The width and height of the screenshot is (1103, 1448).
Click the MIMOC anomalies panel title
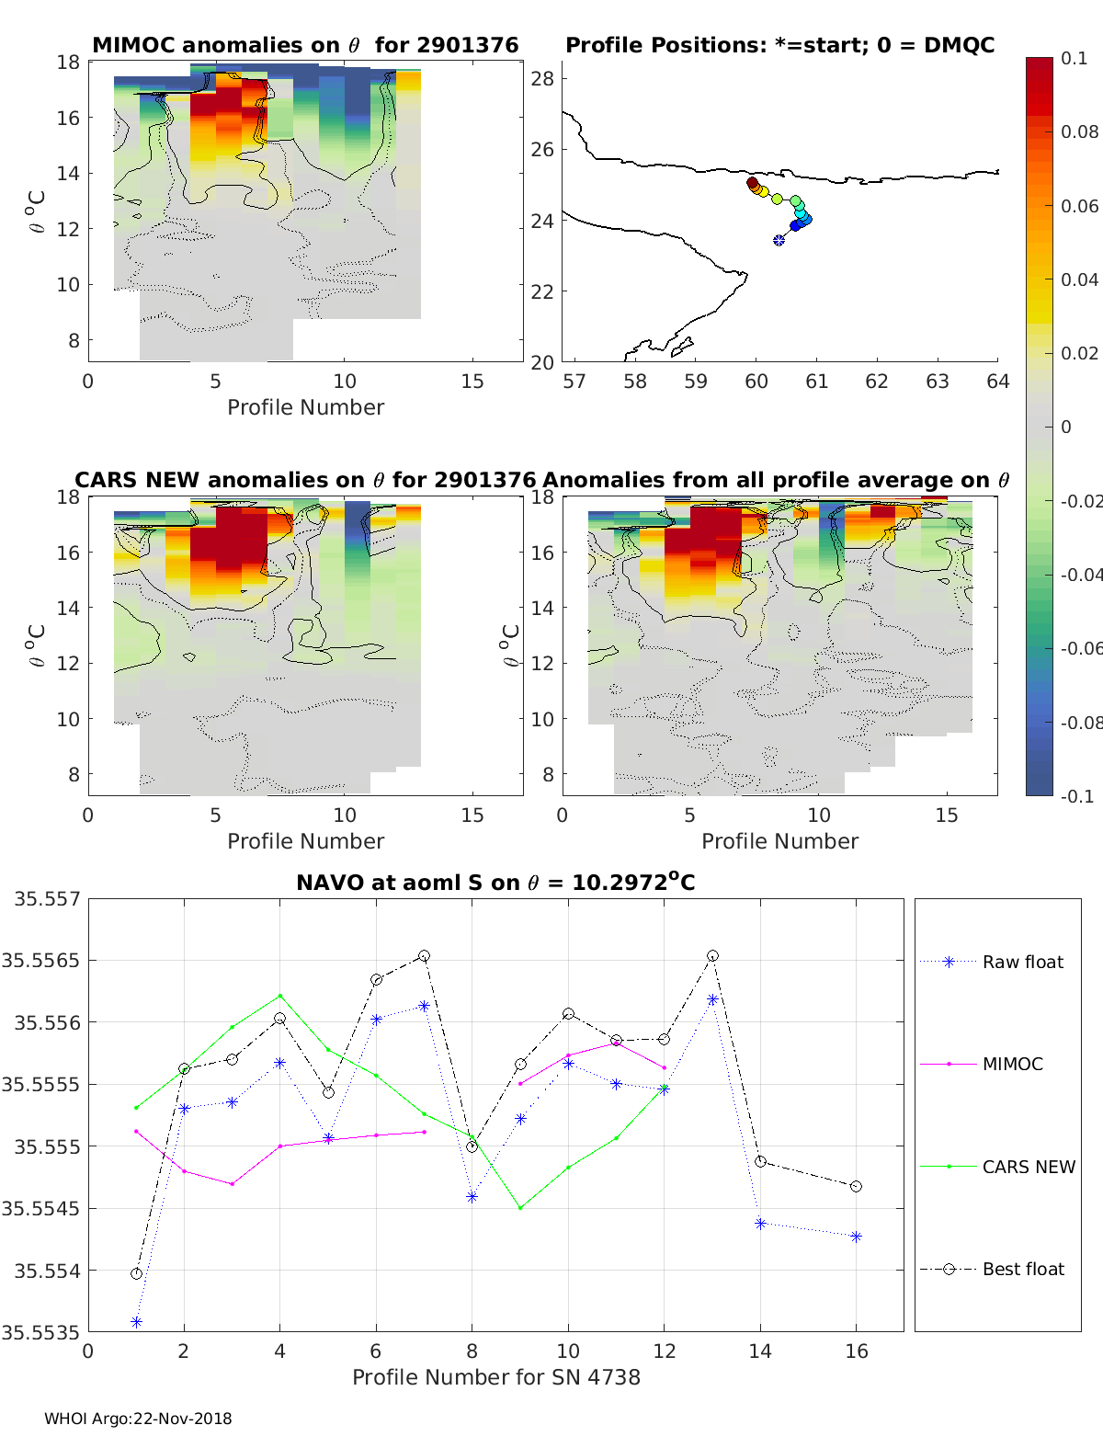[x=305, y=45]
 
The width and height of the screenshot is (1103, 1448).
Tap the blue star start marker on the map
[x=779, y=240]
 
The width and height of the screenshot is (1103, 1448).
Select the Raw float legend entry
[x=1022, y=962]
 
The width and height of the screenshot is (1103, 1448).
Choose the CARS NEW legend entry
[x=1028, y=1167]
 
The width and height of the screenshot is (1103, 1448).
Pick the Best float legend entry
[x=1022, y=1269]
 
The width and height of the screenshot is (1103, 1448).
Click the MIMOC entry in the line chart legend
[x=1012, y=1064]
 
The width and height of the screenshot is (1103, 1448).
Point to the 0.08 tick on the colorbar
[x=1079, y=131]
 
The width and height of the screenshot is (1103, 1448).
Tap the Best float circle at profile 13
[x=712, y=956]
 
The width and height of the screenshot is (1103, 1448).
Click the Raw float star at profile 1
[x=136, y=1322]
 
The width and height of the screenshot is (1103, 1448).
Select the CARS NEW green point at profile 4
[x=280, y=996]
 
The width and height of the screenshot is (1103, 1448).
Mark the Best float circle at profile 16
[x=857, y=1187]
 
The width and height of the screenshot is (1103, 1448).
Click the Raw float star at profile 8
[x=472, y=1197]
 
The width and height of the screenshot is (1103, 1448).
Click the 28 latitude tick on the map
[x=542, y=78]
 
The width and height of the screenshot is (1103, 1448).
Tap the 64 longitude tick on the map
[x=997, y=382]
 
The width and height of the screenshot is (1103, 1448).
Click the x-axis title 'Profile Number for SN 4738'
[x=496, y=1377]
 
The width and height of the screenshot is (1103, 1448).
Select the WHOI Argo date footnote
[x=138, y=1419]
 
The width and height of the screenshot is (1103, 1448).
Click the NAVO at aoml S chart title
[x=495, y=883]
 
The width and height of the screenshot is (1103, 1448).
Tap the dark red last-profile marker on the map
[x=752, y=183]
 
